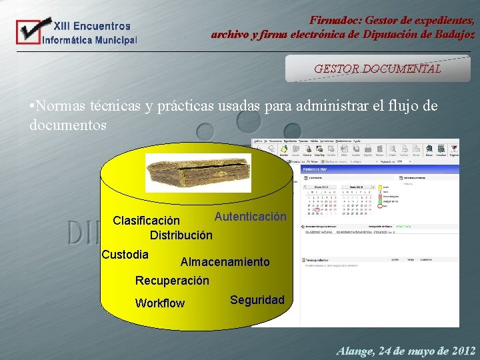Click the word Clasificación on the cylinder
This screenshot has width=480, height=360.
146,221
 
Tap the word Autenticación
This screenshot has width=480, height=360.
250,217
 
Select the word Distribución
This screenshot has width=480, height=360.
181,235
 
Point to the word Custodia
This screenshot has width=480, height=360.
125,255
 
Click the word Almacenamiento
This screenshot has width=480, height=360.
225,263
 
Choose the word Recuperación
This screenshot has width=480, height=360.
172,281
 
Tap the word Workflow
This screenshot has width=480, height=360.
159,303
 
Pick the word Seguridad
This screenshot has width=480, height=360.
257,300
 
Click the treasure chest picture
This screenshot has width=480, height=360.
198,173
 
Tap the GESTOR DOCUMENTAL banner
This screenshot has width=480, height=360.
377,69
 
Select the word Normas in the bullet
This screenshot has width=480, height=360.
61,106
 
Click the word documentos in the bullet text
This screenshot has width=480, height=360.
68,125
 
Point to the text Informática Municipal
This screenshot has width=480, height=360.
89,40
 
